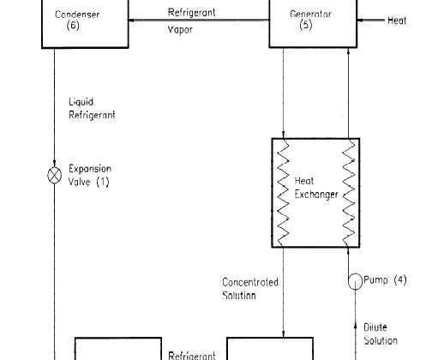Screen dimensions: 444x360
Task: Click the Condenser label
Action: (x=77, y=15)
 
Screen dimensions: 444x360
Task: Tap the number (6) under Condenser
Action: (x=73, y=25)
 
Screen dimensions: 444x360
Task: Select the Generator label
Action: (x=310, y=14)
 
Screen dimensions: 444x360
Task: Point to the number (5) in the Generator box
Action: (x=306, y=25)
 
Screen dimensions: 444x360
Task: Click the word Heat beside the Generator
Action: (x=397, y=21)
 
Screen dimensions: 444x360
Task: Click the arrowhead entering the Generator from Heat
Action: (x=360, y=20)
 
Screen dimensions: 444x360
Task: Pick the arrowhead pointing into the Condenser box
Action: (x=132, y=20)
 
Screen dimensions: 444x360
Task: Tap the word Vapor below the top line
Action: (x=180, y=30)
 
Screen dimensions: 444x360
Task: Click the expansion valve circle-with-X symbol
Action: (x=54, y=175)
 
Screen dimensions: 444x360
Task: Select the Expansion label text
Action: (x=90, y=169)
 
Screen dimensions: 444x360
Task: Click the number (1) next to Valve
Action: (x=103, y=182)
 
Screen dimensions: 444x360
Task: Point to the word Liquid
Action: (x=81, y=102)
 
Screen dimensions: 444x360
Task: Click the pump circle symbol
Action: (x=355, y=281)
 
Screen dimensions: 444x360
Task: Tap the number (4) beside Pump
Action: (x=400, y=280)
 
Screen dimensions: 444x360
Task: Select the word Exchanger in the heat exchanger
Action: (x=316, y=195)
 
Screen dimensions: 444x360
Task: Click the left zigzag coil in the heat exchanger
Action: (x=283, y=192)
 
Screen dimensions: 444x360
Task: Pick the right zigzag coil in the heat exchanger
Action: (x=349, y=192)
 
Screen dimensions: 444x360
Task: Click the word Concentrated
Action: (x=250, y=282)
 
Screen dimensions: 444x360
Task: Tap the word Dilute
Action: (x=375, y=327)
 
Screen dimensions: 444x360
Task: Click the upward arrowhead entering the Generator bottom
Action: (x=348, y=51)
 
